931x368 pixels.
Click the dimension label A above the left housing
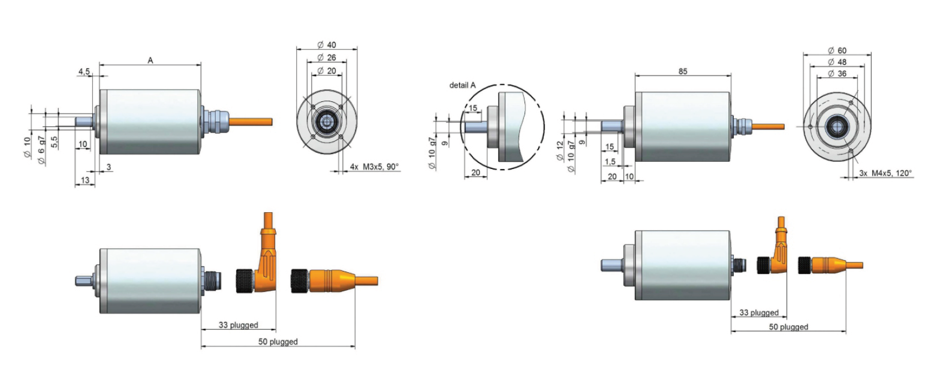(x=150, y=60)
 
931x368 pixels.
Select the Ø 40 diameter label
(x=327, y=45)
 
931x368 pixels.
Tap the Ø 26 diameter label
(x=327, y=58)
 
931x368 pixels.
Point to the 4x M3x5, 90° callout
(x=374, y=167)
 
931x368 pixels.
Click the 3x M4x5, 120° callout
(x=885, y=173)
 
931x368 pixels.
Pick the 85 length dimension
(x=683, y=71)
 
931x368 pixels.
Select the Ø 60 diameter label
(x=837, y=51)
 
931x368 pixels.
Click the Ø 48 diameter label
(x=837, y=62)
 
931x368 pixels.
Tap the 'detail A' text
(x=463, y=85)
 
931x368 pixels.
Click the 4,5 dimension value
(x=84, y=71)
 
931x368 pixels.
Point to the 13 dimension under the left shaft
(x=85, y=180)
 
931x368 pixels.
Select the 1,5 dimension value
(x=610, y=162)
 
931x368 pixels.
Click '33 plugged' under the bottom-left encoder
(x=239, y=325)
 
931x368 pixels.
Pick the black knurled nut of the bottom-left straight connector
(x=299, y=281)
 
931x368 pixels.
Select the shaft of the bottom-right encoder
(x=612, y=265)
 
